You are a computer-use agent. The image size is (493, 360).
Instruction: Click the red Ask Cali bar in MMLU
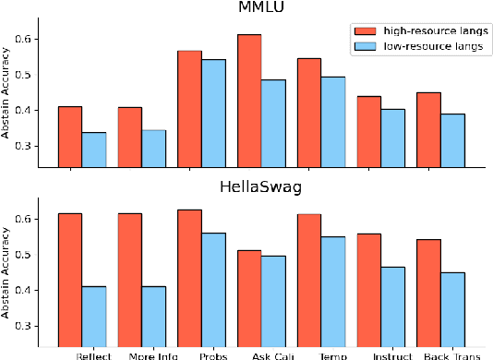(x=249, y=102)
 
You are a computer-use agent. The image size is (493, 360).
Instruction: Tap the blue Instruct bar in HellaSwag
(x=393, y=304)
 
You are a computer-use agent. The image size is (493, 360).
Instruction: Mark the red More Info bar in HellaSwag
(x=129, y=278)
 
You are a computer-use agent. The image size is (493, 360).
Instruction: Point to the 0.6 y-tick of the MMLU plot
(x=34, y=39)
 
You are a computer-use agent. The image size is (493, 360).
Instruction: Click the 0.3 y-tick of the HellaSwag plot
(x=34, y=326)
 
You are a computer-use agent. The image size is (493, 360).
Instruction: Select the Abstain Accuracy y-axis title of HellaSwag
(x=8, y=271)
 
